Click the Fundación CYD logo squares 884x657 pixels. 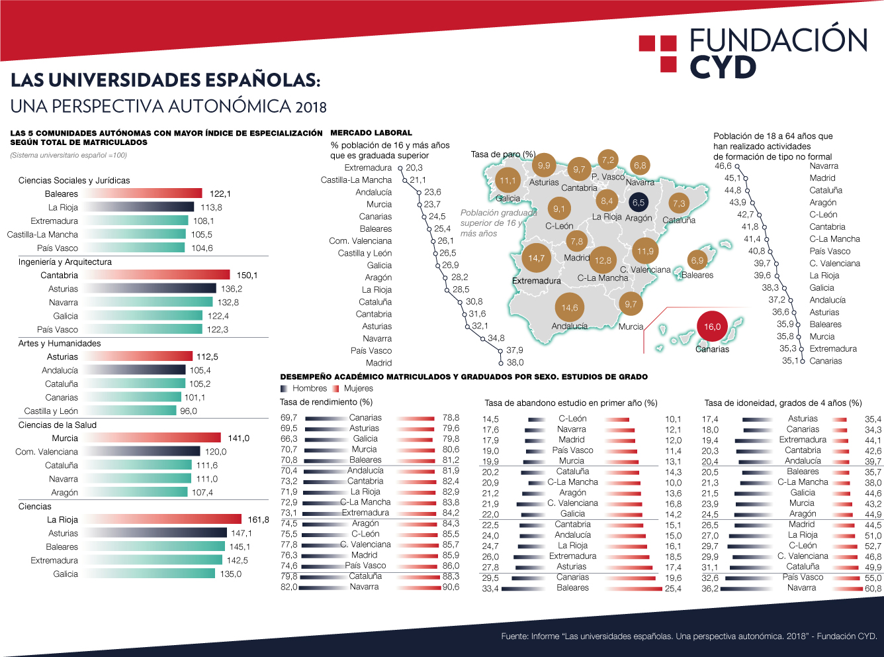658,53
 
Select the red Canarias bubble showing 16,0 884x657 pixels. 712,327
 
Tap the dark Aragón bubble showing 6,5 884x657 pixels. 638,203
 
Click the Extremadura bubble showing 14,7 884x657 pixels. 536,258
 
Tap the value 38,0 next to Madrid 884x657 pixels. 515,362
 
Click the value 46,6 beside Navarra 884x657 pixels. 723,166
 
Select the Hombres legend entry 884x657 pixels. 304,388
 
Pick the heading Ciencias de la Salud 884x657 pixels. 58,425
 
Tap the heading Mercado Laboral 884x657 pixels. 371,132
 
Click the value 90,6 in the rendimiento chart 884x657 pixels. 451,587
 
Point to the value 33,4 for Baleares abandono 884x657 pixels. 490,588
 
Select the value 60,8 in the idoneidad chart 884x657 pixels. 873,588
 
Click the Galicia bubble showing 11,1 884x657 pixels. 508,181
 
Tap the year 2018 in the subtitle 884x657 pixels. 311,107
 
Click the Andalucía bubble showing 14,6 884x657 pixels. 569,307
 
